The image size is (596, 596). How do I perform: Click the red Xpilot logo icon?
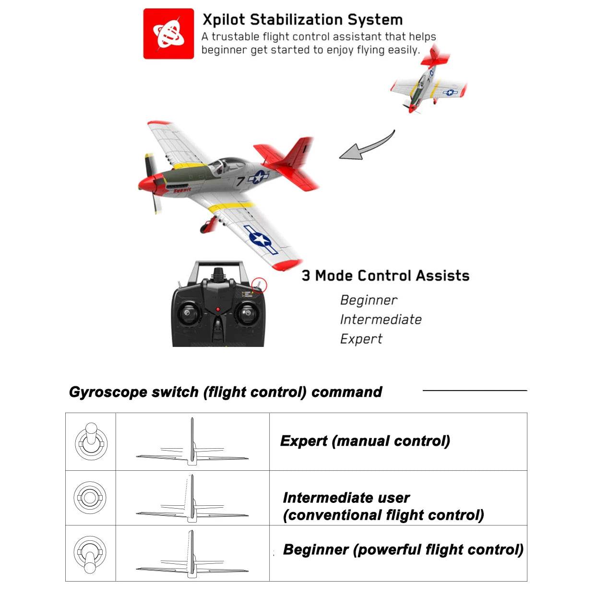pyautogui.click(x=168, y=34)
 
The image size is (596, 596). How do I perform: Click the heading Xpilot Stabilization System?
pyautogui.click(x=302, y=20)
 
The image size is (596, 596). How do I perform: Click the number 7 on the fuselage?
pyautogui.click(x=240, y=181)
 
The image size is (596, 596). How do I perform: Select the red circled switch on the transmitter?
pyautogui.click(x=259, y=285)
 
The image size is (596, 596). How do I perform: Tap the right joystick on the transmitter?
pyautogui.click(x=246, y=314)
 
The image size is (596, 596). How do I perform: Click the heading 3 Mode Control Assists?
pyautogui.click(x=385, y=275)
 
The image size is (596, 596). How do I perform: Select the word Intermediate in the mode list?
pyautogui.click(x=381, y=320)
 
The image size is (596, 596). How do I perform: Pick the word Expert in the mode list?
pyautogui.click(x=361, y=339)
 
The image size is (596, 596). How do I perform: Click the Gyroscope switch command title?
pyautogui.click(x=226, y=392)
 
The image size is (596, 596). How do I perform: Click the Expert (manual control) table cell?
pyautogui.click(x=365, y=441)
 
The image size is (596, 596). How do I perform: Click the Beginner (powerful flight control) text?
pyautogui.click(x=403, y=549)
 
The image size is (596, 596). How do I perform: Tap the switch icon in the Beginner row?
pyautogui.click(x=90, y=554)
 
